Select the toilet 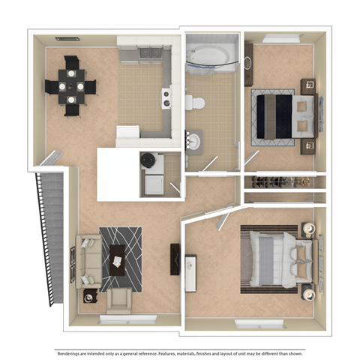[x=196, y=101]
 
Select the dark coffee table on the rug [x=118, y=257]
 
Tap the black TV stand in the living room [x=175, y=259]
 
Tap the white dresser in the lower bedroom [x=191, y=271]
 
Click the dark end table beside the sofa [x=90, y=296]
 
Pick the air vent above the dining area [x=68, y=37]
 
